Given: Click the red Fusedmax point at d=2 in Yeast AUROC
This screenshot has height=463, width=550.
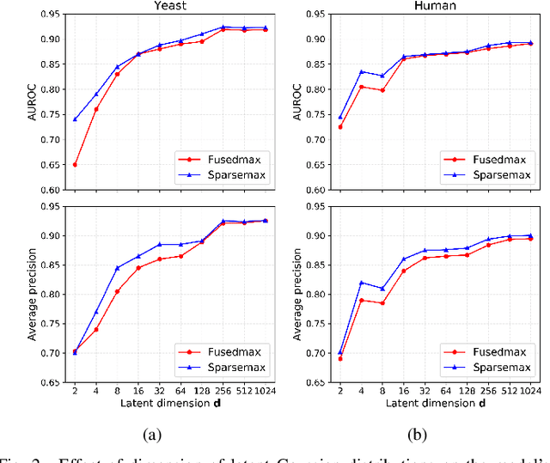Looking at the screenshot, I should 75,164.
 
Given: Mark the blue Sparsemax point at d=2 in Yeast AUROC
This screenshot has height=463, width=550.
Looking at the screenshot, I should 75,119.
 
